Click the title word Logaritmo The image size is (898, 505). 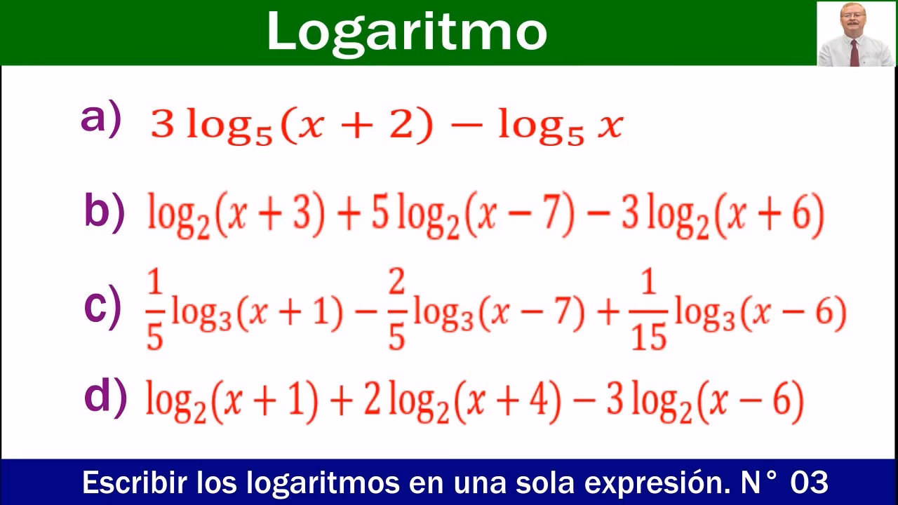pos(406,32)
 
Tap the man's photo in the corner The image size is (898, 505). pos(856,34)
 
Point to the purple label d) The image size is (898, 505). pos(105,396)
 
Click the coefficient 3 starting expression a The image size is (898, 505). pos(161,126)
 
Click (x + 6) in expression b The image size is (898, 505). pos(775,213)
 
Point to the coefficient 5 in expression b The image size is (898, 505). pos(380,213)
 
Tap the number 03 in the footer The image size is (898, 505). pos(809,483)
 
